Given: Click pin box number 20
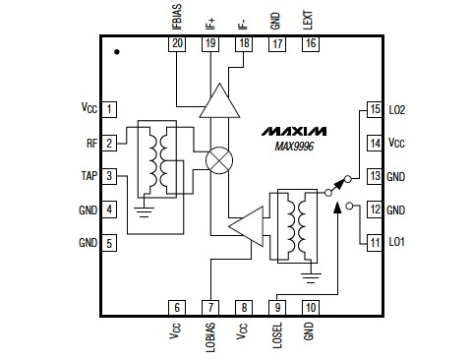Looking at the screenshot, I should coord(177,44).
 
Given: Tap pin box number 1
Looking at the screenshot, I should coord(110,109).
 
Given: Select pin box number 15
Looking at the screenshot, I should coord(374,109).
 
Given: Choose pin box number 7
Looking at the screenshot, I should coord(209,307).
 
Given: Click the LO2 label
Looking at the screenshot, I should coord(397,109).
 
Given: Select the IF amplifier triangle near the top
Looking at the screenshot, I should coord(218,101).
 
